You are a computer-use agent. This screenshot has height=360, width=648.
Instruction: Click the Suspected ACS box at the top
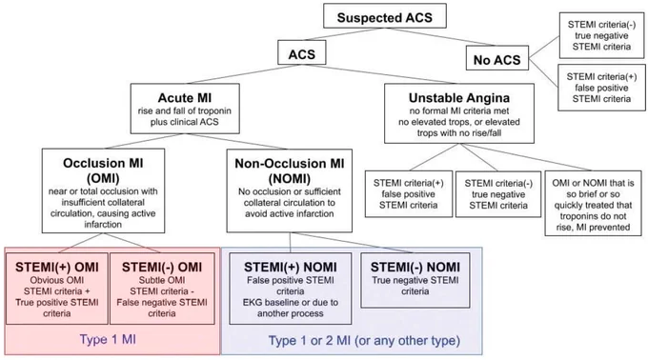coord(385,16)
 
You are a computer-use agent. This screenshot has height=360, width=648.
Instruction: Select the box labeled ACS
coord(302,52)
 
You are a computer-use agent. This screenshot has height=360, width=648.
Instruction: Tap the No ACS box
coord(497,58)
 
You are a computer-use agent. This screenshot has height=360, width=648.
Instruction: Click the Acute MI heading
coord(185,98)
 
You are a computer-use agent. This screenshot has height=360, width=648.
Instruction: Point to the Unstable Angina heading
coord(459,98)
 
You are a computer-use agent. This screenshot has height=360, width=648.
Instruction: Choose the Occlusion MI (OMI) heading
coord(103,170)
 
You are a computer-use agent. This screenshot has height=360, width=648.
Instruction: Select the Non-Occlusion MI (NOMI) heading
coord(290,170)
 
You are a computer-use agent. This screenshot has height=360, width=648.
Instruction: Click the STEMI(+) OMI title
coord(57,267)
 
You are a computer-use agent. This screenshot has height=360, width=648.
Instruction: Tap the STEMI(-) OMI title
coord(162,267)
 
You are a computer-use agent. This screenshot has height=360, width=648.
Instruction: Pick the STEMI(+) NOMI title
coord(290,267)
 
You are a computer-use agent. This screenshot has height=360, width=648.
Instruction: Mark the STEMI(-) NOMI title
coord(415,267)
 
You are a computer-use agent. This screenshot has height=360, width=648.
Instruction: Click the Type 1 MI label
coord(108,339)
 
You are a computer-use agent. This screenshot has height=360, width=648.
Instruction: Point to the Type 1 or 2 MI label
coord(364,341)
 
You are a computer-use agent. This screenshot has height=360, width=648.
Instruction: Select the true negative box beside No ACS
coord(601,35)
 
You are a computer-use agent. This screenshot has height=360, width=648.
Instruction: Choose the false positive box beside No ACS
coord(601,88)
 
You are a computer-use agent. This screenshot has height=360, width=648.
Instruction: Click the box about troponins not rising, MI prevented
coord(593,204)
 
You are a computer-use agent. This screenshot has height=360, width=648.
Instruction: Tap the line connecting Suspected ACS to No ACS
coord(440,37)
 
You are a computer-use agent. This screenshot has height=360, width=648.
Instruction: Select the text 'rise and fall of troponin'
coord(185,111)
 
